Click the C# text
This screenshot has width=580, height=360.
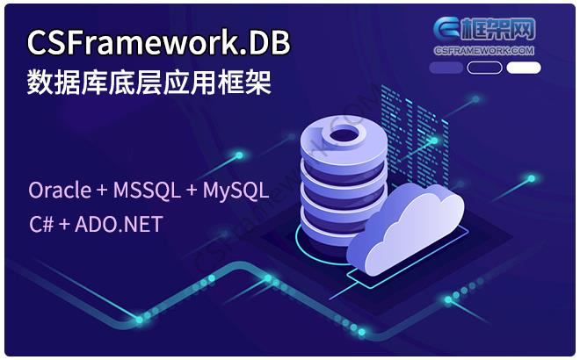41,224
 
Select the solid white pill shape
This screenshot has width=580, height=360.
524,68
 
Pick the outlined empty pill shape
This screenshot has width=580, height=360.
485,68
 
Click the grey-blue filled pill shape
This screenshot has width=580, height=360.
446,68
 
